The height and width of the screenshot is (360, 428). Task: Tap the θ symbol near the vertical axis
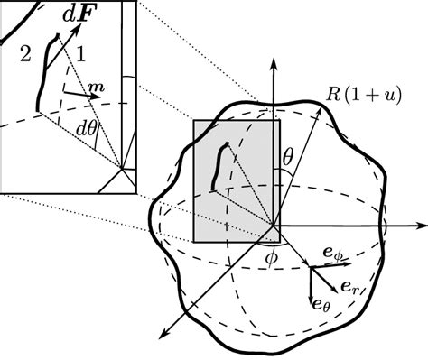[x=288, y=159]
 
